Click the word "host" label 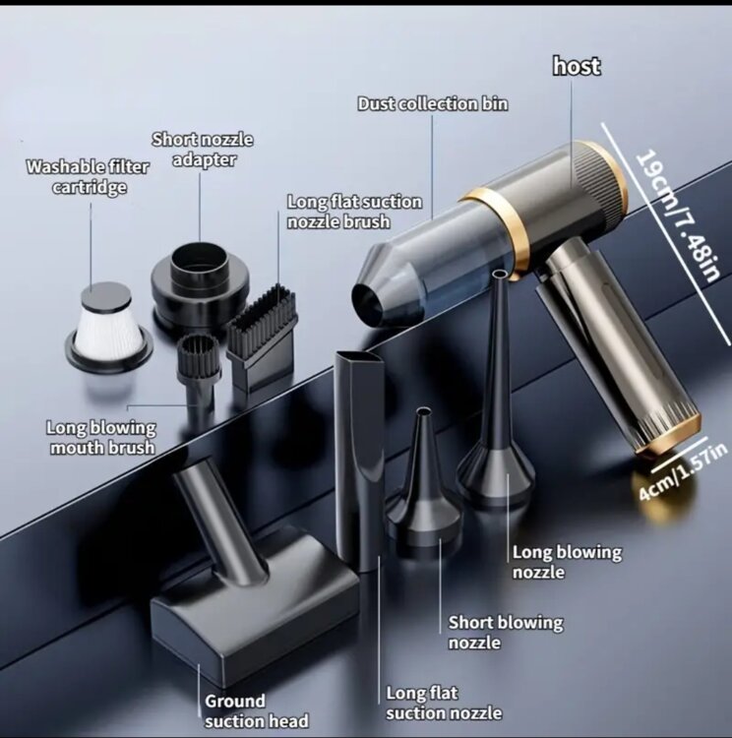pos(577,66)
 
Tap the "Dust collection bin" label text pos(433,103)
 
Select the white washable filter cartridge pos(109,326)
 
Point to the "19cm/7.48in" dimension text pos(678,215)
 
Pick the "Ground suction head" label pos(257,711)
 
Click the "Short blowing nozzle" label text pos(506,632)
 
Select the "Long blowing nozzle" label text pos(567,562)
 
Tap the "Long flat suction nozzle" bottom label pos(444,703)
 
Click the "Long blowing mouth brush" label pos(102,437)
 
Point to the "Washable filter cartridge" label pos(88,176)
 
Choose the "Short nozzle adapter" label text pos(203,150)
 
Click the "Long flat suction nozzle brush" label pos(354,212)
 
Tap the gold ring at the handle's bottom pos(670,434)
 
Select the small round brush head pos(199,349)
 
